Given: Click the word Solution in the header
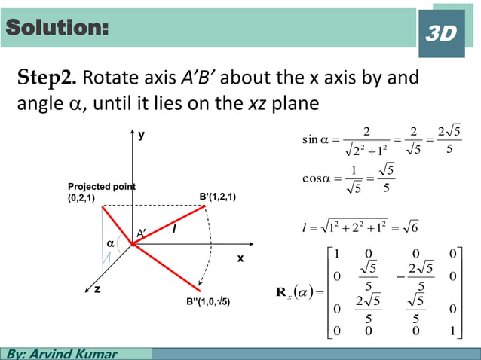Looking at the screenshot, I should point(57,29).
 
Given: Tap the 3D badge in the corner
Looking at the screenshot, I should point(442,33).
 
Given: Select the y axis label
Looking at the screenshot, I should point(142,137).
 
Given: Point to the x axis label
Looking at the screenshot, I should point(240,258).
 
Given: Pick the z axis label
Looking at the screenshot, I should point(97,289).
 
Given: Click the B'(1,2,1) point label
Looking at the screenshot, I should point(218,197).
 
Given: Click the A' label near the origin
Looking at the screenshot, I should point(141,233).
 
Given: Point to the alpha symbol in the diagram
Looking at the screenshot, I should point(111,244).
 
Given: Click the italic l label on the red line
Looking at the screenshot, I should point(174,228).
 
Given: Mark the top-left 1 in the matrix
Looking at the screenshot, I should point(338,255).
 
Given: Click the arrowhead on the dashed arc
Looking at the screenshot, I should point(200,288).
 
